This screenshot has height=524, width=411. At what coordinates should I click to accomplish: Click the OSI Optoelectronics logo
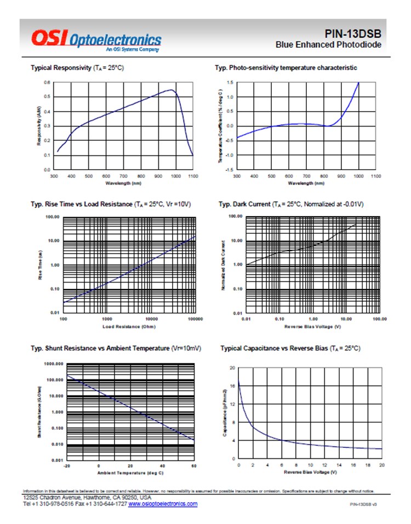[x=96, y=39]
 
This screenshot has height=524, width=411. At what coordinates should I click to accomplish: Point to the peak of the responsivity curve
[x=172, y=90]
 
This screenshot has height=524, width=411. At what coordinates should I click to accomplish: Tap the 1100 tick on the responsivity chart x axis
[x=192, y=176]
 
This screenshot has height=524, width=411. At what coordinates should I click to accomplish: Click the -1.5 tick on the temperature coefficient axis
[x=229, y=170]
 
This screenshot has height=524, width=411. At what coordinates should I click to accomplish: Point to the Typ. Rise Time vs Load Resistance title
[x=110, y=204]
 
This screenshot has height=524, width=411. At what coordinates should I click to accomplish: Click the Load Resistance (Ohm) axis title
[x=129, y=327]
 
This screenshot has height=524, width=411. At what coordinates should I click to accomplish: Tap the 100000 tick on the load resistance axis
[x=195, y=319]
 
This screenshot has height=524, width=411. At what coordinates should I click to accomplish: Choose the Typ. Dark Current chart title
[x=290, y=204]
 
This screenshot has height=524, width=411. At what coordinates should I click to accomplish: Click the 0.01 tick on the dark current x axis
[x=247, y=319]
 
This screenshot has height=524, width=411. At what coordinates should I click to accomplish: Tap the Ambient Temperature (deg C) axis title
[x=130, y=473]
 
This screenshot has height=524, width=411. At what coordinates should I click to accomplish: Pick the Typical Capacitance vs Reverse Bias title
[x=289, y=348]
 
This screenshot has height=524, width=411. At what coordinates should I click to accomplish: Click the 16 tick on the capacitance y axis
[x=233, y=386]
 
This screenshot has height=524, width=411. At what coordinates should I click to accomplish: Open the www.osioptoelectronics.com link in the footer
[x=163, y=504]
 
